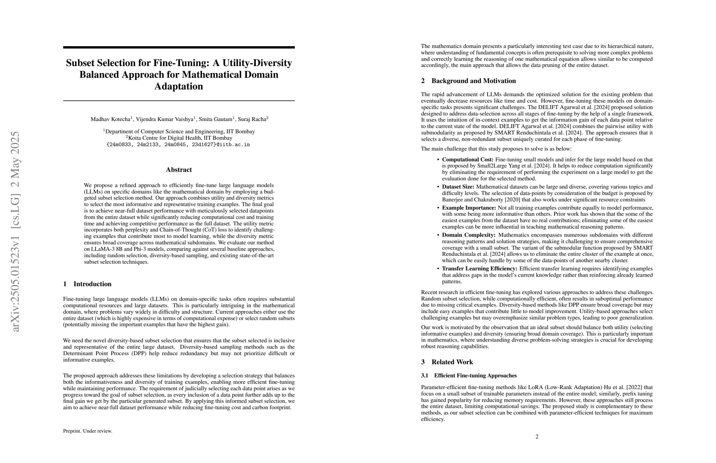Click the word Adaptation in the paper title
point(179,87)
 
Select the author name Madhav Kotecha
point(110,119)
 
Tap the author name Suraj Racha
point(252,119)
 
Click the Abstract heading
point(179,170)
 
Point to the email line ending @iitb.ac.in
point(178,145)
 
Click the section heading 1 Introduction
point(87,284)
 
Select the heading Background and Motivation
point(474,81)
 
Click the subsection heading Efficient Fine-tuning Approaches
point(475,376)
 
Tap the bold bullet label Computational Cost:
point(467,160)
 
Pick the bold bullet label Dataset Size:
point(458,187)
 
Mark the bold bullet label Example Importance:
point(469,208)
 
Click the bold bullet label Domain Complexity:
point(468,235)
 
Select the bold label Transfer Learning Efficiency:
point(480,269)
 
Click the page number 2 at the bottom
point(537,436)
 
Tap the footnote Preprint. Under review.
point(87,431)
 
